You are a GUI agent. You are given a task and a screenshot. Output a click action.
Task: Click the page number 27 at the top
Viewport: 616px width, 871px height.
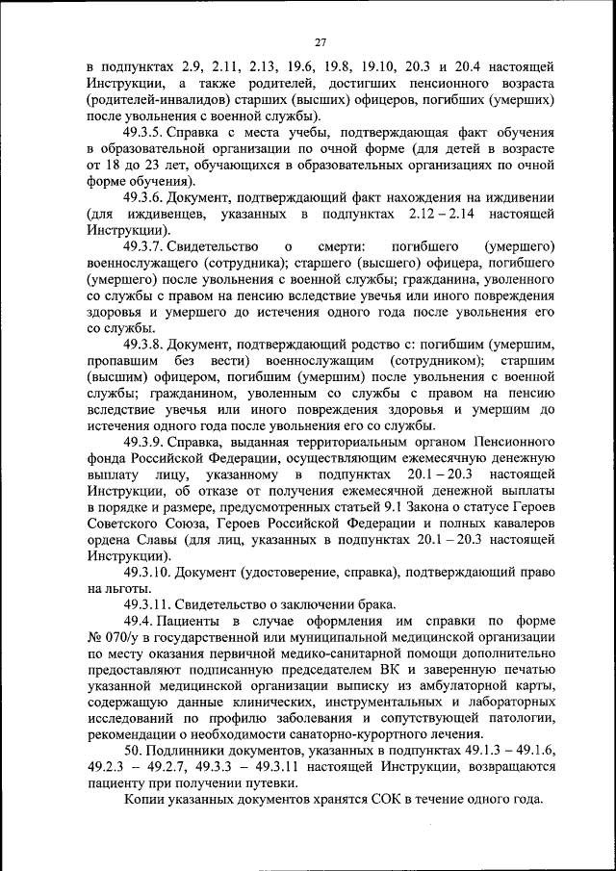(x=321, y=41)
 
